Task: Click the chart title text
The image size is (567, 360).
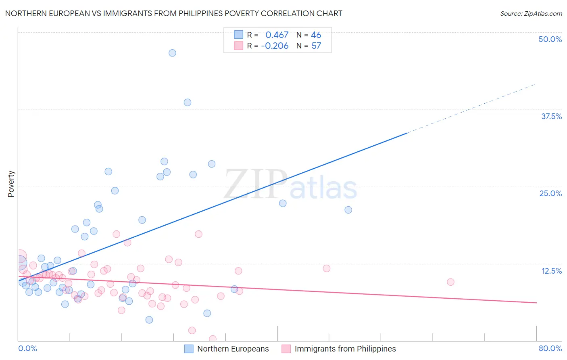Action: [x=173, y=14]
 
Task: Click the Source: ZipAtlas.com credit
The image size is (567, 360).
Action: [x=531, y=14]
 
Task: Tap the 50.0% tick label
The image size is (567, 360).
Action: [x=550, y=39]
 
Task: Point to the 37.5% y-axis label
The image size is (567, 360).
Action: [x=551, y=116]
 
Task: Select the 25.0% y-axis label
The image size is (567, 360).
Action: [x=550, y=193]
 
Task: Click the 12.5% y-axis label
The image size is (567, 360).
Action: [x=551, y=271]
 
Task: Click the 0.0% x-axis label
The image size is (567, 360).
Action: [x=27, y=348]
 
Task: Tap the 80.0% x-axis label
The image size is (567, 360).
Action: [x=550, y=348]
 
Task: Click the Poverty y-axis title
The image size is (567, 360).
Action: [x=11, y=184]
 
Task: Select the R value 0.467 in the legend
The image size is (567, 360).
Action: [x=277, y=35]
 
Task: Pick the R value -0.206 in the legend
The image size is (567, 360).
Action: [x=275, y=46]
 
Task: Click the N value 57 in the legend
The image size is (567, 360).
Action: [x=316, y=46]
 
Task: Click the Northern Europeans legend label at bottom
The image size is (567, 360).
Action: [x=233, y=349]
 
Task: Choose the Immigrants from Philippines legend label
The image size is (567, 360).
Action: [x=345, y=349]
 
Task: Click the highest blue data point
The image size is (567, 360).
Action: [x=172, y=53]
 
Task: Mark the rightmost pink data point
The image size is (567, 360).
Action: [x=450, y=282]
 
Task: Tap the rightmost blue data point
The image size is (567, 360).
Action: [x=348, y=210]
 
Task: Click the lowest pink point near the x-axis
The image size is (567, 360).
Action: [x=213, y=339]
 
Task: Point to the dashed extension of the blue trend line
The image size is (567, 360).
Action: [x=472, y=108]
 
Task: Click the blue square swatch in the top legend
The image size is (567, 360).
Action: [x=239, y=35]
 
